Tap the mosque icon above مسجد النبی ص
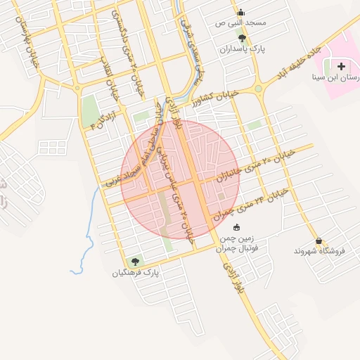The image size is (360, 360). pos(241,12)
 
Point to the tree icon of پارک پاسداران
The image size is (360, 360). pos(243,39)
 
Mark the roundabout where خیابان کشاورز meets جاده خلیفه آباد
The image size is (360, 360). pos(258,89)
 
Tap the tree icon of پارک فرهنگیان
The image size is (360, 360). pos(135,262)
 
